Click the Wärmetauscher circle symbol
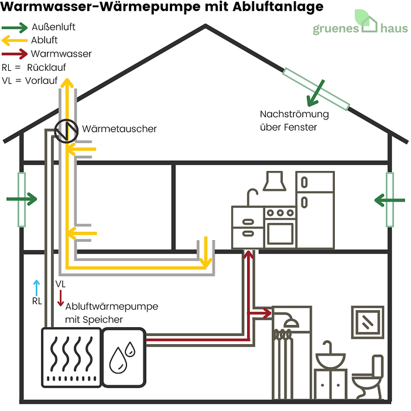point(67,131)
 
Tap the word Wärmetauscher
point(119,129)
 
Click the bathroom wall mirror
point(367,321)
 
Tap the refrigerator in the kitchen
point(314,208)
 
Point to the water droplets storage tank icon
point(123,357)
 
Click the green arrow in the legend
point(15,28)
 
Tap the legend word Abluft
point(44,40)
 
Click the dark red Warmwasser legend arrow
point(15,54)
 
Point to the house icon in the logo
point(369,23)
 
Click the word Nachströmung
point(294,114)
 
